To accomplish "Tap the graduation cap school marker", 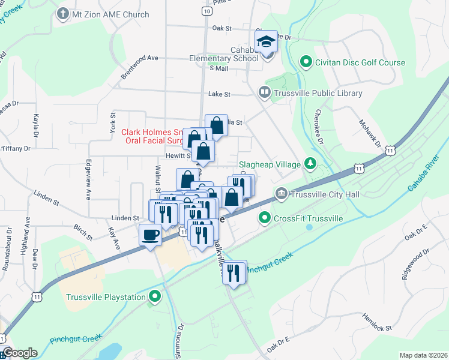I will (x=265, y=41).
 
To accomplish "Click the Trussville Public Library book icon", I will (x=264, y=92).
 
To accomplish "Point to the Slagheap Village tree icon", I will (x=310, y=163).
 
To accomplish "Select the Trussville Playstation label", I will (x=106, y=297).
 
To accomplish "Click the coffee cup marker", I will (x=150, y=235).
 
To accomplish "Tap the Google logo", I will (x=19, y=353).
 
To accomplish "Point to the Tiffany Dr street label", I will (x=16, y=148).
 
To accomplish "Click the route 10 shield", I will (x=207, y=11).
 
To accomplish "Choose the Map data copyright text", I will (x=423, y=355).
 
